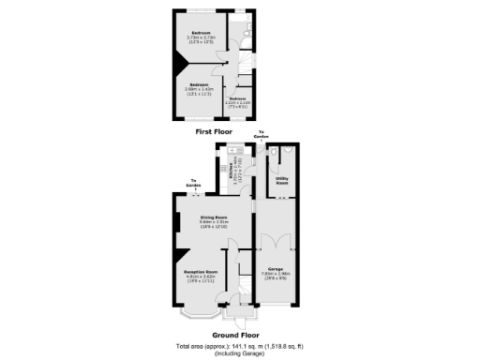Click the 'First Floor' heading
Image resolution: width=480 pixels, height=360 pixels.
click(x=215, y=133)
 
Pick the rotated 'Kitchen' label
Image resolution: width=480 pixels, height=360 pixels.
click(x=231, y=172)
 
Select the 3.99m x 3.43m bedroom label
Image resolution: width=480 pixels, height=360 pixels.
click(x=198, y=85)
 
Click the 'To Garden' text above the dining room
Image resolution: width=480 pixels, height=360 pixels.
click(x=193, y=183)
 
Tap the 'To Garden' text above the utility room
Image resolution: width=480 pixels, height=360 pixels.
click(x=262, y=134)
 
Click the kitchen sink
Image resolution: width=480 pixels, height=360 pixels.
click(x=242, y=152)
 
